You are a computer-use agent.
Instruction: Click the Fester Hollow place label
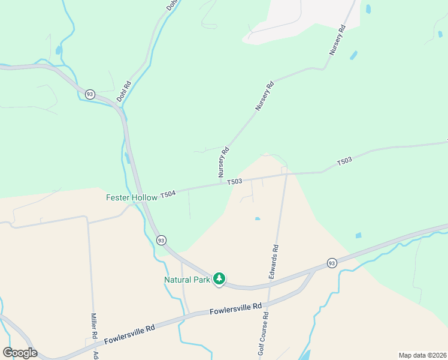pyautogui.click(x=132, y=197)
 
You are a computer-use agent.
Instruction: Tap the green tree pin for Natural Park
pyautogui.click(x=220, y=279)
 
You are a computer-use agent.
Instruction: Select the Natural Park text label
pyautogui.click(x=186, y=280)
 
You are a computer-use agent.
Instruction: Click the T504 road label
pyautogui.click(x=168, y=194)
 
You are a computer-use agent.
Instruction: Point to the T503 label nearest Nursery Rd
pyautogui.click(x=235, y=181)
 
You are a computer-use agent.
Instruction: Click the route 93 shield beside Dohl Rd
pyautogui.click(x=90, y=94)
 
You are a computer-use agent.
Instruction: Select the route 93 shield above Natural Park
pyautogui.click(x=161, y=240)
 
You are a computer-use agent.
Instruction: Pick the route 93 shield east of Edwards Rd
pyautogui.click(x=332, y=263)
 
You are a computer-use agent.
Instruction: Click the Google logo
pyautogui.click(x=20, y=353)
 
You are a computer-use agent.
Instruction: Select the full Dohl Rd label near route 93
pyautogui.click(x=124, y=91)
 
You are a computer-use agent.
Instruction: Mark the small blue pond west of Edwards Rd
pyautogui.click(x=257, y=218)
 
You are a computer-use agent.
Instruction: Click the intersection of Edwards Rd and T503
pyautogui.click(x=286, y=175)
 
